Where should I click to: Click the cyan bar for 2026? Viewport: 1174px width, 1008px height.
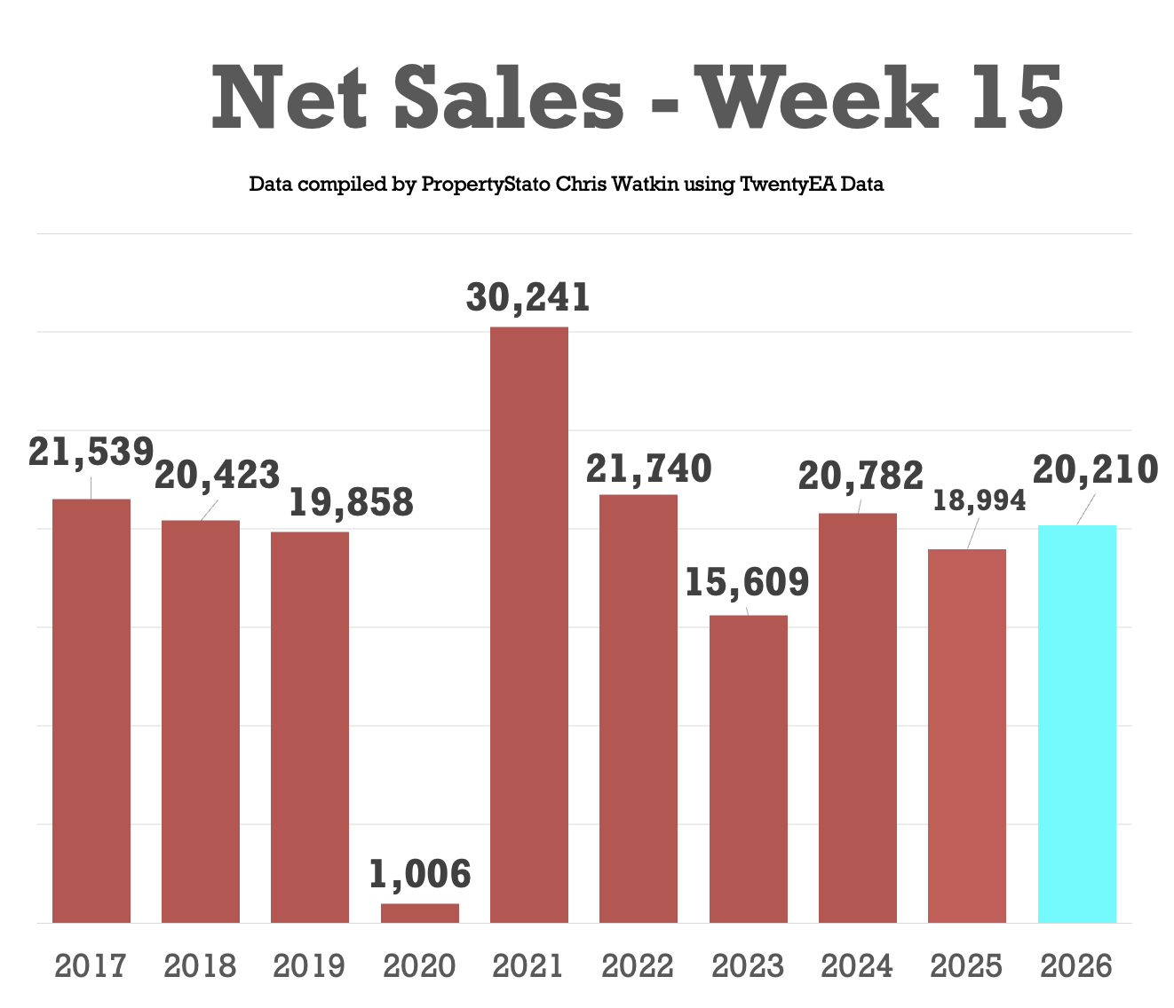[x=1076, y=723]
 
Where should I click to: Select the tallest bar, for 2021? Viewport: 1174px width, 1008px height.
[x=529, y=625]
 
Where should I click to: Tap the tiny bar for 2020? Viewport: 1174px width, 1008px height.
[x=420, y=913]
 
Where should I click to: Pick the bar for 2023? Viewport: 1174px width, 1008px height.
[x=748, y=768]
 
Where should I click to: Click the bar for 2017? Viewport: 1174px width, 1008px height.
[x=91, y=710]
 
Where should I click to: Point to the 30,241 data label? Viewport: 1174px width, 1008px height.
[x=528, y=298]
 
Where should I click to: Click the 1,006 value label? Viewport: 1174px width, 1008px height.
[x=420, y=875]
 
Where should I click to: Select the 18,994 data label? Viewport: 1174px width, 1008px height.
[x=979, y=501]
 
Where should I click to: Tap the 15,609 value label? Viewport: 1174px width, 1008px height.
[x=747, y=583]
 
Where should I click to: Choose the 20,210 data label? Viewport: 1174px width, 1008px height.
[x=1096, y=470]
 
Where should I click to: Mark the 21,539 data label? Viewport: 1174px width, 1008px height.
[x=91, y=452]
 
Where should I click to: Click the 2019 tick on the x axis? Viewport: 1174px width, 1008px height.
[x=310, y=966]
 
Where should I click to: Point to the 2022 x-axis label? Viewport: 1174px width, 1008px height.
[x=639, y=966]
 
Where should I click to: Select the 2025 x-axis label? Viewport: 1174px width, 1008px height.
[x=967, y=966]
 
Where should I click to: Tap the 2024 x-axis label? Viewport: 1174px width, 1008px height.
[x=857, y=966]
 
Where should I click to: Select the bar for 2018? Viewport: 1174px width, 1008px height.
[x=201, y=721]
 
